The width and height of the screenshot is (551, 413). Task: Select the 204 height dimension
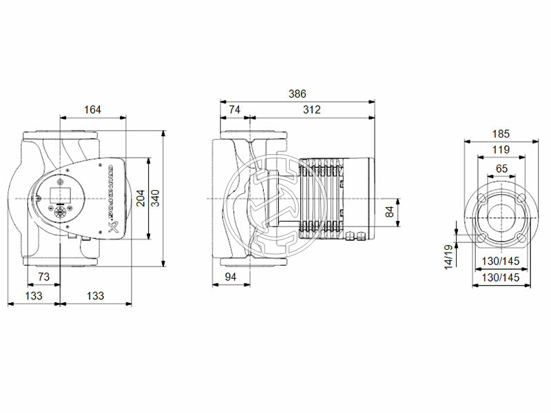pyautogui.click(x=141, y=198)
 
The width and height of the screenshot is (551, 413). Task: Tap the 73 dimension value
pyautogui.click(x=43, y=277)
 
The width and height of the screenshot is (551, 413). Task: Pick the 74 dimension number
pyautogui.click(x=234, y=109)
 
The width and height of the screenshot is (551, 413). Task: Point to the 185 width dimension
pyautogui.click(x=501, y=134)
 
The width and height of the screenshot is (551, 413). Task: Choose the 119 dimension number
pyautogui.click(x=501, y=150)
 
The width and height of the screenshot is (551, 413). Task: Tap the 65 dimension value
pyautogui.click(x=501, y=168)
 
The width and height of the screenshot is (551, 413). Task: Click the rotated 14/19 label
pyautogui.click(x=448, y=256)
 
